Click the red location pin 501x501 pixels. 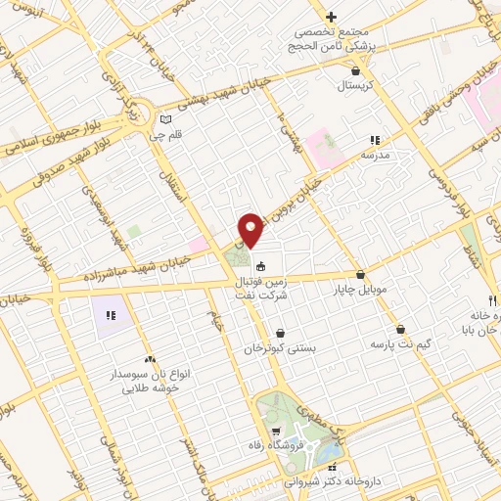251,229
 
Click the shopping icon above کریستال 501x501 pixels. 355,70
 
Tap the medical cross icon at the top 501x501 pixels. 332,17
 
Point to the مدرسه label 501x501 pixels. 377,156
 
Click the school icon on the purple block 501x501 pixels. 111,316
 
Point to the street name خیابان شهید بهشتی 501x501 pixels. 234,102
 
